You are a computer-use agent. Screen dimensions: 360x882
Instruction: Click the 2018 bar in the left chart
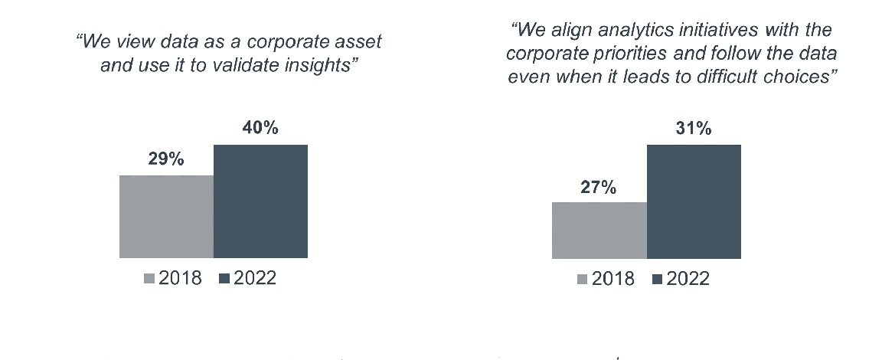[166, 217]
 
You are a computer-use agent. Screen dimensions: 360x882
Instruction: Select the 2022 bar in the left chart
[260, 201]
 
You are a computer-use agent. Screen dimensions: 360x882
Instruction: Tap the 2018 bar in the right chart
[599, 230]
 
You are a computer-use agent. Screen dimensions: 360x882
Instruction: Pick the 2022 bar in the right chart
[694, 201]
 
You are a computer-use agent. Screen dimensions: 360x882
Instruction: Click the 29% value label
[166, 159]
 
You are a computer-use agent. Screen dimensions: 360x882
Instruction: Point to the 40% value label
[260, 128]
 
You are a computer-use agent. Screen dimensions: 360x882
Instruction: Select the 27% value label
[599, 187]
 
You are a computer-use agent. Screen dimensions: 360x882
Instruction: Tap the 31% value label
[694, 128]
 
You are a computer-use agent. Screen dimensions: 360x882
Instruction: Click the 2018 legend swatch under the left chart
[149, 279]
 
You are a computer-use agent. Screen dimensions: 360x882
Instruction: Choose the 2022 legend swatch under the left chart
[224, 279]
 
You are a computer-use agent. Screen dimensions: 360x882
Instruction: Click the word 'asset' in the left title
[358, 42]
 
